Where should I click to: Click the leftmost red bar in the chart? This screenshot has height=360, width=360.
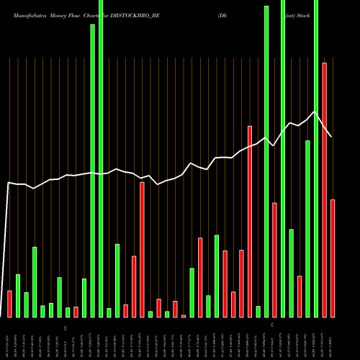[9, 303]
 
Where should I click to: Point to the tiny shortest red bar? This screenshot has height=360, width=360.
[184, 316]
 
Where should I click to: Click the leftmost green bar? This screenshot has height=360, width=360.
[18, 295]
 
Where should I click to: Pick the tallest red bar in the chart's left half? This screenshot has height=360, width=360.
[142, 249]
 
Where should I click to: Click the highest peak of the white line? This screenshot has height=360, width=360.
[314, 112]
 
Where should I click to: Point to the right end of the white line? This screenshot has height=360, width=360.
[331, 137]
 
